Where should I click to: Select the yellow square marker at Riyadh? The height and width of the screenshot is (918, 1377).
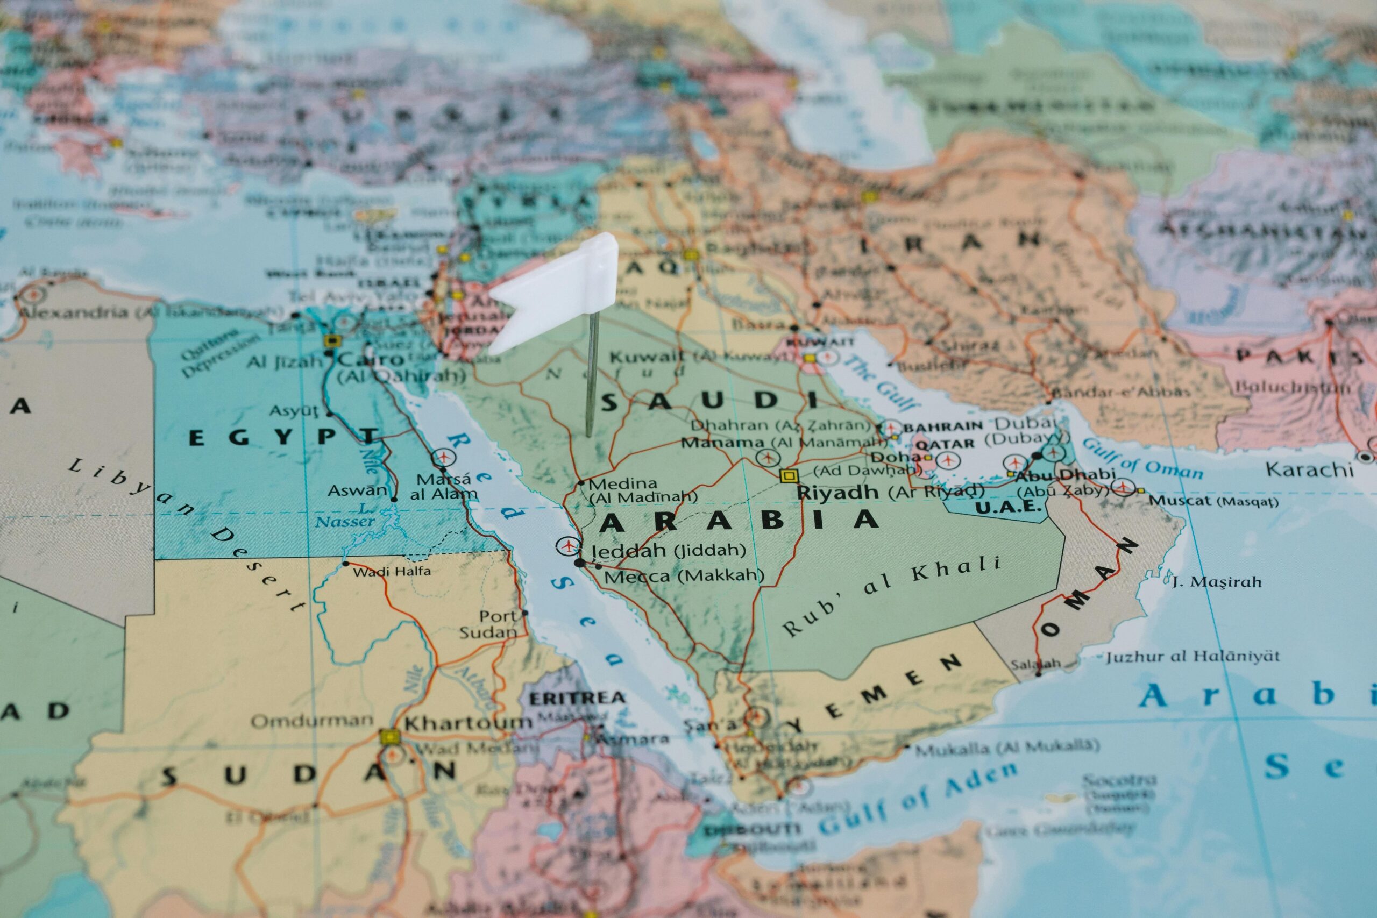(x=789, y=475)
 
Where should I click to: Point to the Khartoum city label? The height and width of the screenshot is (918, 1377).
(x=467, y=723)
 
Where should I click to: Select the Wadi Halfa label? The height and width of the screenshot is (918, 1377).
(x=392, y=571)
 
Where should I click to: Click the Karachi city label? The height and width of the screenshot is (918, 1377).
(x=1309, y=469)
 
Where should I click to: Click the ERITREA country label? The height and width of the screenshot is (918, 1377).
(x=576, y=698)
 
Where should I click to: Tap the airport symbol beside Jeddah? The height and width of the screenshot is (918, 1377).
(x=566, y=546)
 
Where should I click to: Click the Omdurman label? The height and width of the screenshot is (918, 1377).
(x=312, y=721)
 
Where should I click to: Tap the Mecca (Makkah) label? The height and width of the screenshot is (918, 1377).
(x=683, y=576)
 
